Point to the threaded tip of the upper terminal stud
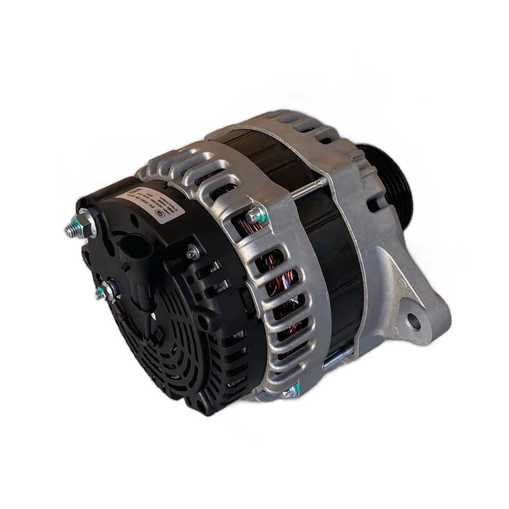pyautogui.click(x=70, y=232)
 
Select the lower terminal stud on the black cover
pyautogui.click(x=104, y=290)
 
